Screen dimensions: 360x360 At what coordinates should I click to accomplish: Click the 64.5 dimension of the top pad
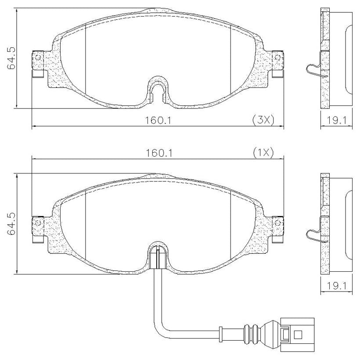pyautogui.click(x=11, y=58)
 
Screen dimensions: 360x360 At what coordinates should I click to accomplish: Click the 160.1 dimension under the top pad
pyautogui.click(x=158, y=120)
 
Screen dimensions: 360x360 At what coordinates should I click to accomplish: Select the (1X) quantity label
pyautogui.click(x=263, y=153)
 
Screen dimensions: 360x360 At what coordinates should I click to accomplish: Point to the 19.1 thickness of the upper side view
pyautogui.click(x=336, y=120)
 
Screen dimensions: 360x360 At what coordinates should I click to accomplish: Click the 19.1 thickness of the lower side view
pyautogui.click(x=336, y=286)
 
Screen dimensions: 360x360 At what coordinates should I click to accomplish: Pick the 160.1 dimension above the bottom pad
pyautogui.click(x=159, y=153)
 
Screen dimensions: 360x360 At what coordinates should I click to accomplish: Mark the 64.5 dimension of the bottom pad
pyautogui.click(x=11, y=223)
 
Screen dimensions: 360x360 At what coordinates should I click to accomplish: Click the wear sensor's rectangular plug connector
pyautogui.click(x=297, y=335)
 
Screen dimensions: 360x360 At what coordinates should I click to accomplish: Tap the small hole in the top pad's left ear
pyautogui.click(x=39, y=58)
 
